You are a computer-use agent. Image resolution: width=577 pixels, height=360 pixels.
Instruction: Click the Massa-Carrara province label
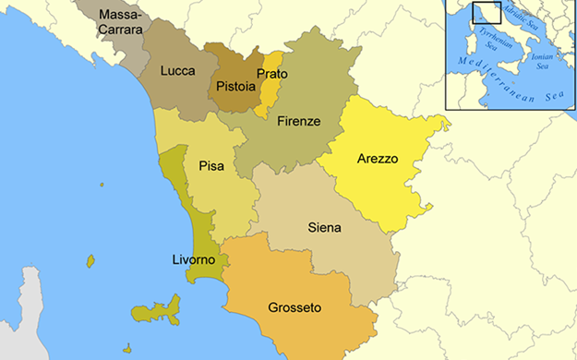(x=121, y=22)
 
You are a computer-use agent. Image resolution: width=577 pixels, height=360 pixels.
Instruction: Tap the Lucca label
(x=177, y=70)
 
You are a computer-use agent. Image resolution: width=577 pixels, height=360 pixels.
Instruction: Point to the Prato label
(x=272, y=74)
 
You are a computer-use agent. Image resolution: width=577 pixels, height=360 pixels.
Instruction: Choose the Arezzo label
(x=377, y=159)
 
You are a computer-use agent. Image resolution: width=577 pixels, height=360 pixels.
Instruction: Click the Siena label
(x=324, y=227)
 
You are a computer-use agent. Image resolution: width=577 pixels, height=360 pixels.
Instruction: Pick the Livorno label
(x=194, y=260)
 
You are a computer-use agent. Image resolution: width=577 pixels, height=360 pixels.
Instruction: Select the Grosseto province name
(x=295, y=306)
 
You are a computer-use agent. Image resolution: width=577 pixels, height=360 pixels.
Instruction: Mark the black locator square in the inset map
(x=486, y=13)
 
